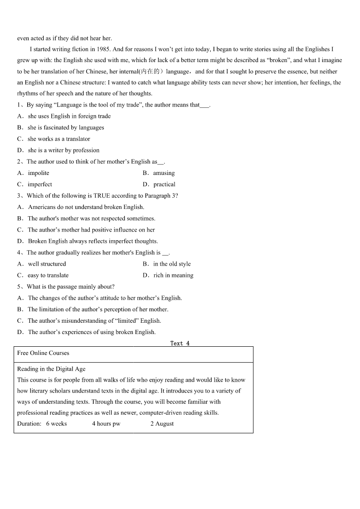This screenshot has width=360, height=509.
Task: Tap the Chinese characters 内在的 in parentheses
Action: point(151,72)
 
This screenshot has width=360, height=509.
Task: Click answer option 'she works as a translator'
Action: point(59,139)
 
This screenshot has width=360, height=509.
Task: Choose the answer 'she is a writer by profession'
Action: point(63,150)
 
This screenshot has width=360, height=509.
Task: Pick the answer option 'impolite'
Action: point(39,173)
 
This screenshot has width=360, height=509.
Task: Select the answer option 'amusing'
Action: point(164,173)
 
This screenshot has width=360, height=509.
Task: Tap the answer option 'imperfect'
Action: point(40,184)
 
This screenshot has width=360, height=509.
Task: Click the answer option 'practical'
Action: point(164,184)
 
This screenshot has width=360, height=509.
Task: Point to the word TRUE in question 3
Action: point(102,196)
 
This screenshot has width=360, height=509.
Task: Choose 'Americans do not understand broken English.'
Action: point(86,207)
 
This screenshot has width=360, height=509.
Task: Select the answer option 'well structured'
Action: point(47,264)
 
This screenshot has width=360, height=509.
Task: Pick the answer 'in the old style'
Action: point(172,264)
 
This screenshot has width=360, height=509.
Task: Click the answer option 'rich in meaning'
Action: point(173,275)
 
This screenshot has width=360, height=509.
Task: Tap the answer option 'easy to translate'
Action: point(48,275)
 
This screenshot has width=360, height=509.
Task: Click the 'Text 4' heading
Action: point(180,343)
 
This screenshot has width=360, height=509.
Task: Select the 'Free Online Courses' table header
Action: point(43,353)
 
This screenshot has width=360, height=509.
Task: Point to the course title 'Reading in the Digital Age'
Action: point(51,369)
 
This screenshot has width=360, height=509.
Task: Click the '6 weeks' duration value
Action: point(56,424)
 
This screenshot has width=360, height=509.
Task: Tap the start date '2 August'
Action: point(162,424)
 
